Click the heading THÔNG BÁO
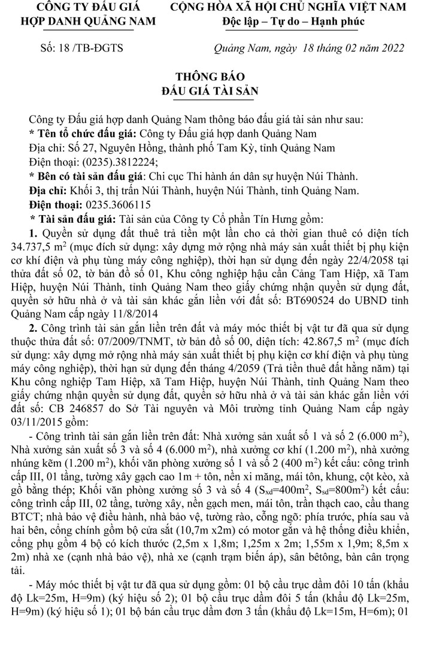218,77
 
